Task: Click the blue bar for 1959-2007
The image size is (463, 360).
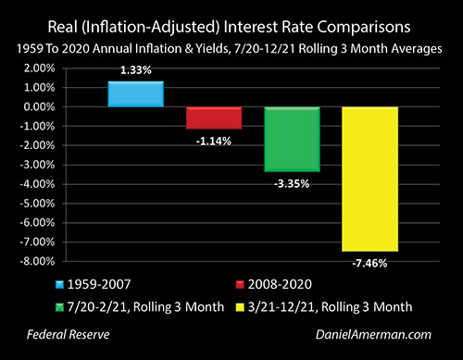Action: click(136, 94)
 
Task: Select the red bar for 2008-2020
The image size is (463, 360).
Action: click(214, 118)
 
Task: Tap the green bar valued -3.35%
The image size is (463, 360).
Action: click(292, 139)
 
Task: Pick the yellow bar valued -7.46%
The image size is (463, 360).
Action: click(370, 180)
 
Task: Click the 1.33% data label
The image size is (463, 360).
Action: click(136, 70)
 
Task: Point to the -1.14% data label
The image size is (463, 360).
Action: click(214, 142)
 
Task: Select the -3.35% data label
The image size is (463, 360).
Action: click(292, 184)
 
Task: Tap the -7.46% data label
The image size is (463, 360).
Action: click(369, 264)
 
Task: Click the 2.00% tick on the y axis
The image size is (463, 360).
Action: click(39, 68)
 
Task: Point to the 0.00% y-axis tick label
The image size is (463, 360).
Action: click(39, 107)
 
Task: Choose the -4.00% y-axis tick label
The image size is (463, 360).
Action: click(37, 184)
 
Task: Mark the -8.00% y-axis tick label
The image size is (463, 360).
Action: click(37, 262)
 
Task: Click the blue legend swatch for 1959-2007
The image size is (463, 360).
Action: click(59, 284)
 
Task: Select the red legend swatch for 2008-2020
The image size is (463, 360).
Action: click(240, 284)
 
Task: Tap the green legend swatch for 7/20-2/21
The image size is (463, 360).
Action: click(59, 307)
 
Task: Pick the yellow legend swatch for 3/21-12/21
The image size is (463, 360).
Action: click(240, 307)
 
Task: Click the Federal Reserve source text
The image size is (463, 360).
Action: click(69, 335)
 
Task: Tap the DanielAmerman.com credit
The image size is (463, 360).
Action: click(373, 335)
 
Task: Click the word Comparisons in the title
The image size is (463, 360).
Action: click(364, 28)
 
